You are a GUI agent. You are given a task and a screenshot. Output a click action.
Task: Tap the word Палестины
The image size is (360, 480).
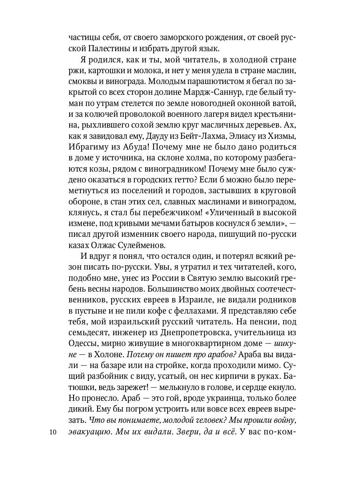tap(107, 49)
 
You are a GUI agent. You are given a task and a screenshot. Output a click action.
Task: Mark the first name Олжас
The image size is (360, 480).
tap(104, 244)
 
